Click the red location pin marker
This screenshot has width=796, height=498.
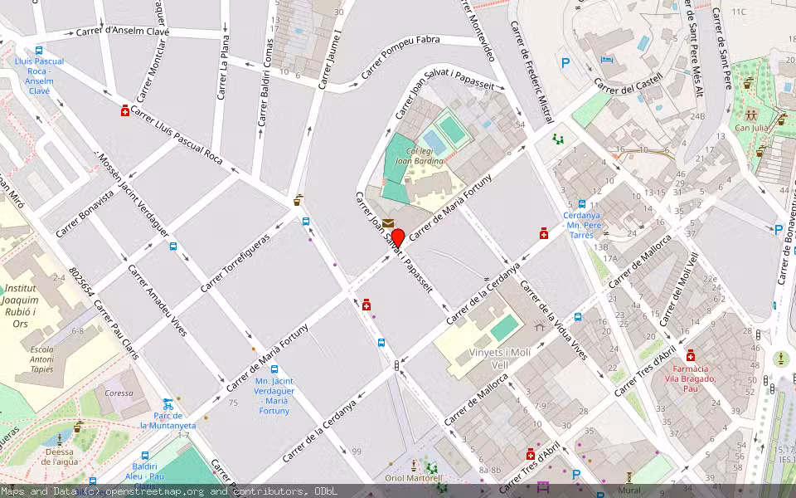coord(397,238)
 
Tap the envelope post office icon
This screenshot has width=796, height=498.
coord(388,222)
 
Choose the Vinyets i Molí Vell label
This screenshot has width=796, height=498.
coord(499,359)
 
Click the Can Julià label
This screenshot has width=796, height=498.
coord(750,128)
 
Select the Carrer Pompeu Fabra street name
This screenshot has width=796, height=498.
coord(410,56)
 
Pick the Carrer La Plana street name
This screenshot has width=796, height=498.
coord(222,74)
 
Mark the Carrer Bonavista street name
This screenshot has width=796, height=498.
coord(85,214)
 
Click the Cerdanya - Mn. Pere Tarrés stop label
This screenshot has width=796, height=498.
coord(581,225)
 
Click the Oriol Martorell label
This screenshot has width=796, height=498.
coord(414,478)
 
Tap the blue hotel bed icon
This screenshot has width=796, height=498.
coord(607,60)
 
